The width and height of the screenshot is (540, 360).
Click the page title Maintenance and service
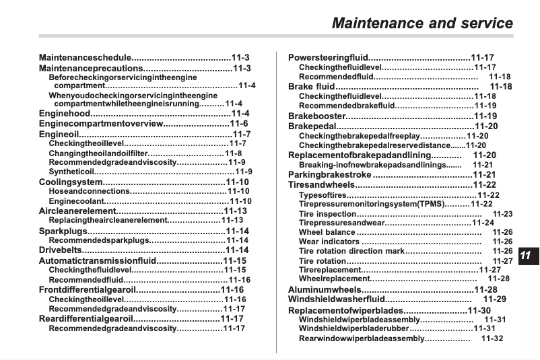tap(422, 23)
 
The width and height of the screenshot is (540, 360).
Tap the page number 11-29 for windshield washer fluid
tap(495, 299)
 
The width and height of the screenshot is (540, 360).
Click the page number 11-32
tap(492, 338)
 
